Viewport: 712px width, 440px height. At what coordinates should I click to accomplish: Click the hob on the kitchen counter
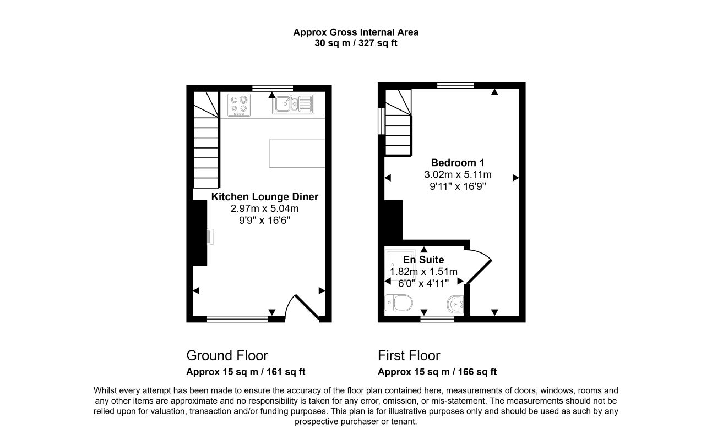click(x=239, y=105)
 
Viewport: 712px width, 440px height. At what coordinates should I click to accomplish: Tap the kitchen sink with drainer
click(x=293, y=104)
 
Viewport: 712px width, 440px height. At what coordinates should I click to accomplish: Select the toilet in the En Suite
click(x=399, y=303)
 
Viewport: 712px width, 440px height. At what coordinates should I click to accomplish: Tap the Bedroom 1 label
click(x=458, y=163)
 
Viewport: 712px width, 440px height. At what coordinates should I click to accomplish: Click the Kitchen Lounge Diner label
click(x=265, y=197)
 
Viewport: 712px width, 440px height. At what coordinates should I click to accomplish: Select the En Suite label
click(x=423, y=260)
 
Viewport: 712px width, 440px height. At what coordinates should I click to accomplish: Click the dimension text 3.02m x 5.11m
click(x=458, y=174)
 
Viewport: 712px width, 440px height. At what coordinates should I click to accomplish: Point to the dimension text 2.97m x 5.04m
click(x=264, y=208)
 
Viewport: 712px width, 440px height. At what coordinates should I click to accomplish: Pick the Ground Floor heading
click(x=227, y=355)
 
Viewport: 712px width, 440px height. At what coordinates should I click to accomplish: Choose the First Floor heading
click(x=409, y=355)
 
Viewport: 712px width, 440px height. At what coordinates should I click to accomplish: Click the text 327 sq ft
click(x=378, y=43)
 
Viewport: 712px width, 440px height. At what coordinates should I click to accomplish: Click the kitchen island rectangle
click(x=297, y=153)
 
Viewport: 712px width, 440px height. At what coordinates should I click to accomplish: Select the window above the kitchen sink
click(x=273, y=88)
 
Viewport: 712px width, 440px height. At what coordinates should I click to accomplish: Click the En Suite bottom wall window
click(x=437, y=319)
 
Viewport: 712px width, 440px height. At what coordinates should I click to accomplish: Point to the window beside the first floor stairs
click(x=381, y=121)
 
